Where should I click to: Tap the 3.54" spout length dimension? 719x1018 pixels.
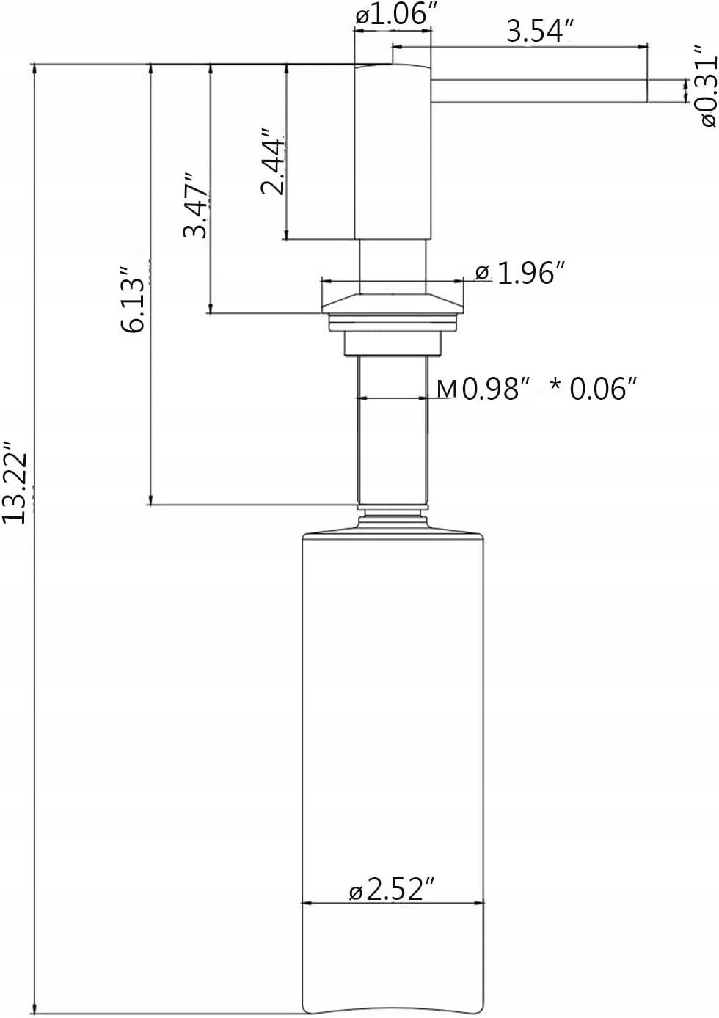(x=540, y=32)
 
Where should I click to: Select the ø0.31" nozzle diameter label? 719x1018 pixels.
(x=705, y=86)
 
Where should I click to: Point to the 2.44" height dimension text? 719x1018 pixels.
(x=273, y=161)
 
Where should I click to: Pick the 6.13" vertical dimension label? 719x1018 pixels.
(x=134, y=299)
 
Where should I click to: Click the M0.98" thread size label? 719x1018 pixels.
(x=483, y=389)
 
